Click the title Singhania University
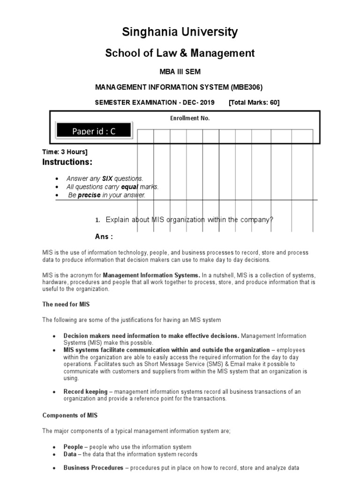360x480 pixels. (x=180, y=32)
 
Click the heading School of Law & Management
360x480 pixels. (x=180, y=53)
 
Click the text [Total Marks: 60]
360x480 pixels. (x=254, y=103)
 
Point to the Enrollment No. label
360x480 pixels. (x=190, y=118)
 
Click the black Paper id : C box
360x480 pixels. (x=94, y=131)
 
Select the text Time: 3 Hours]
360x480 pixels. (x=65, y=152)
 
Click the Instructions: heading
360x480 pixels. (x=67, y=162)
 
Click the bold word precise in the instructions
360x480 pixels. (x=89, y=195)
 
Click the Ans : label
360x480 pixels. (x=104, y=236)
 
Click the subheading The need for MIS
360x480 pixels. (x=66, y=304)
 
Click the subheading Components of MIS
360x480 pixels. (x=70, y=415)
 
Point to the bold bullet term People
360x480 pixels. (x=73, y=447)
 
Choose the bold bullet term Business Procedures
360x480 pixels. (x=93, y=468)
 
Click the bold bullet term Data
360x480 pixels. (x=71, y=454)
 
